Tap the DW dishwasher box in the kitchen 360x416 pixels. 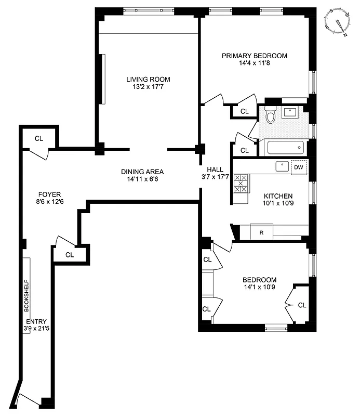[x=299, y=167]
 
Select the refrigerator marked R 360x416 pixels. [x=261, y=232]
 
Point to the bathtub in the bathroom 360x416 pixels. [x=285, y=148]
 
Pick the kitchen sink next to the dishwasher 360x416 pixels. [x=282, y=166]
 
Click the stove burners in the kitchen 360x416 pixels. [x=241, y=184]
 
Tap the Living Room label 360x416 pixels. [x=148, y=80]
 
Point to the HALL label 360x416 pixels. [x=215, y=170]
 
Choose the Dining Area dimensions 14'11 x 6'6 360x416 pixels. [x=142, y=180]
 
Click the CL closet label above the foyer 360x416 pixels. [x=38, y=138]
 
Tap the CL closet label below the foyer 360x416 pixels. [x=70, y=255]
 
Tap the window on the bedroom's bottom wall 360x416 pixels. [x=276, y=328]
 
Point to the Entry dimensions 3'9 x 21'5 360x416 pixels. [x=35, y=329]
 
